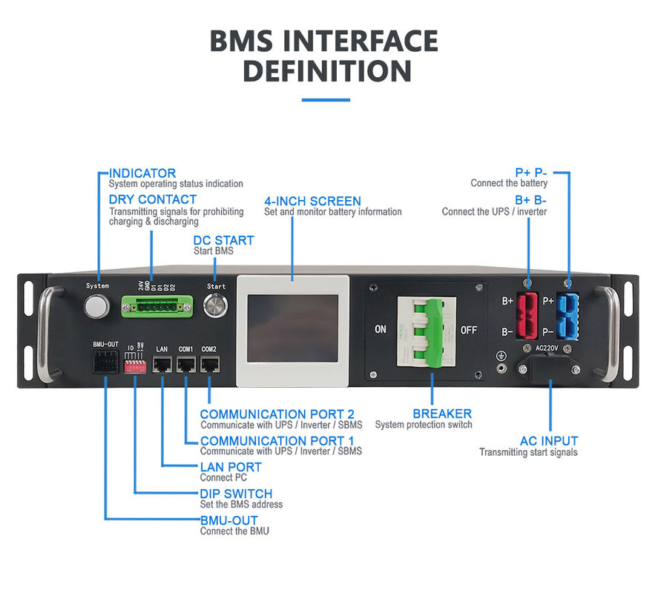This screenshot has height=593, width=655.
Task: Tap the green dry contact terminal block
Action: pos(157,305)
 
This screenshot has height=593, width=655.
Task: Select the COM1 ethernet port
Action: pos(185,364)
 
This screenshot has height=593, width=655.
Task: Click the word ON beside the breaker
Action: pos(380,330)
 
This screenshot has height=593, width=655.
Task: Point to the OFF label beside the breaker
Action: pos(469,330)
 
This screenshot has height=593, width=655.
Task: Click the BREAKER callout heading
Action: pos(442,414)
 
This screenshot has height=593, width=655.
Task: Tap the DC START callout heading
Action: pos(223,240)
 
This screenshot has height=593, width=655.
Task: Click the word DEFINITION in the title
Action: pos(327,72)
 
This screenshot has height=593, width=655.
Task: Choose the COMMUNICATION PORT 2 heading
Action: pos(277,414)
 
